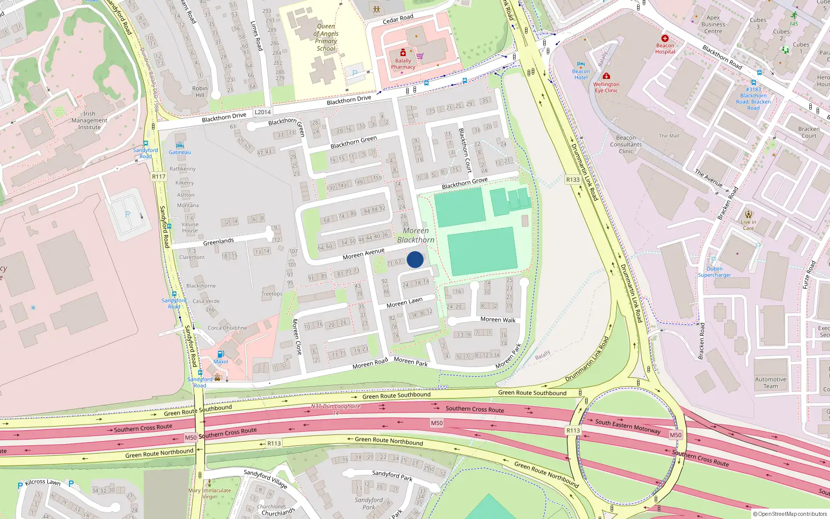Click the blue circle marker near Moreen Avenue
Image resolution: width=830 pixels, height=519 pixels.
click(x=415, y=259)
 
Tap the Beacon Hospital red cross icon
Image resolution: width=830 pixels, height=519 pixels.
click(x=665, y=38)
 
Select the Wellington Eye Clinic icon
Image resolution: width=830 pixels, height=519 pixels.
click(x=606, y=76)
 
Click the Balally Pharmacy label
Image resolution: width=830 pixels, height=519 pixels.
click(x=403, y=64)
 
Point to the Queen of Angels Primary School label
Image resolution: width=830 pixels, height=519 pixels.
click(x=326, y=37)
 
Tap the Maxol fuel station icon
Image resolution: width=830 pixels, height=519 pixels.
click(x=220, y=354)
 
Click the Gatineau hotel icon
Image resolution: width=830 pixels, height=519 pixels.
click(x=180, y=145)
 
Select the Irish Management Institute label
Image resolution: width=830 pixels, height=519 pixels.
click(x=89, y=120)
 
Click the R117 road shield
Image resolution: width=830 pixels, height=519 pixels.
click(x=159, y=176)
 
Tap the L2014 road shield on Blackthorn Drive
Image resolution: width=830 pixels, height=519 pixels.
click(x=262, y=112)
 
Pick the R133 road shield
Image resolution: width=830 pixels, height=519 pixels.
click(x=573, y=180)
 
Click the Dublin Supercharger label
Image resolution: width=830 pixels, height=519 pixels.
click(x=714, y=272)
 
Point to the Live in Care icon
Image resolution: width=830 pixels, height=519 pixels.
click(x=748, y=214)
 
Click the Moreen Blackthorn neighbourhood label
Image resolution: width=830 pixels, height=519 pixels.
click(x=416, y=235)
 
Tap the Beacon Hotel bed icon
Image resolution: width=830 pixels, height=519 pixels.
click(x=581, y=64)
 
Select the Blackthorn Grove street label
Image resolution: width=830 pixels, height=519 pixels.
click(x=465, y=183)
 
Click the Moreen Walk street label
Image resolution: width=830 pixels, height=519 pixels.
click(x=498, y=320)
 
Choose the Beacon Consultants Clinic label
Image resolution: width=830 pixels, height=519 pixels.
click(x=626, y=145)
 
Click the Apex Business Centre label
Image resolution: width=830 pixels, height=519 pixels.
click(x=713, y=24)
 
